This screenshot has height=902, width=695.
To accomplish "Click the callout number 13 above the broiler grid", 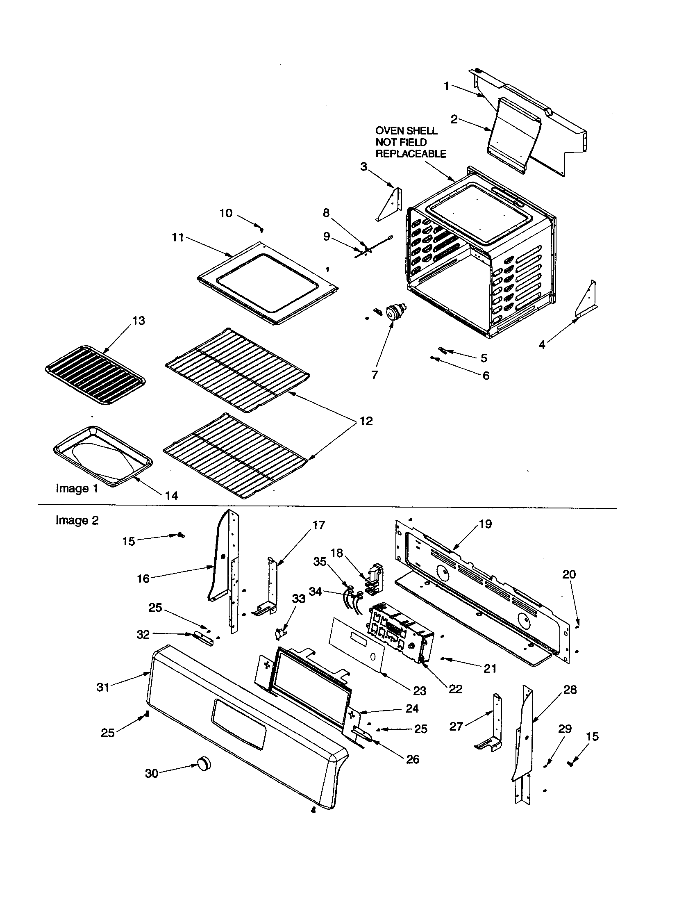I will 139,321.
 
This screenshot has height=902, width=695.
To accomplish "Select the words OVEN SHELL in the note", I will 406,131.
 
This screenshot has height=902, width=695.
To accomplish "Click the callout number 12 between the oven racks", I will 366,421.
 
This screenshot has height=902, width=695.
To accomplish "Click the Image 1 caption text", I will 77,489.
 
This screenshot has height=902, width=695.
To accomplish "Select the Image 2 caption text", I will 77,520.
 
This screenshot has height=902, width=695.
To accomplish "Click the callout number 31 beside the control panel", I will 103,687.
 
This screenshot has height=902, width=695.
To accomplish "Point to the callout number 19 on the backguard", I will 485,524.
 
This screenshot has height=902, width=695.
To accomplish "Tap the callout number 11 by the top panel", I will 178,237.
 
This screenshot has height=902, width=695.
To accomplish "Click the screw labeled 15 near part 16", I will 181,536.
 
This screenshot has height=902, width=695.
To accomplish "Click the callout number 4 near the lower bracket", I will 542,344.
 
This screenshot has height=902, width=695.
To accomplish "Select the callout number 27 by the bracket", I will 456,726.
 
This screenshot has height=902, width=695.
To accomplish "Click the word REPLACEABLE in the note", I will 411,154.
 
